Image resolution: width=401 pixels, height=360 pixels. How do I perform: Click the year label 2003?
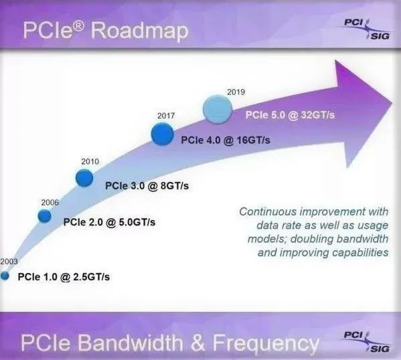[9, 262]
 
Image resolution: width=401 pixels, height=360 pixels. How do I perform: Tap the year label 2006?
[50, 203]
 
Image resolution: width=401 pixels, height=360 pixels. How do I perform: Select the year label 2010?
[90, 161]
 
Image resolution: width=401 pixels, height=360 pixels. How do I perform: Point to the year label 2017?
[166, 116]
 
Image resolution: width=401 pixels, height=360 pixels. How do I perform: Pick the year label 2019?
[236, 92]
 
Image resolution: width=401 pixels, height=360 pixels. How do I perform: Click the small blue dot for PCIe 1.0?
[5, 276]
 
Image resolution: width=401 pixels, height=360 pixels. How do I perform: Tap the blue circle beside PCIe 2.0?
[44, 216]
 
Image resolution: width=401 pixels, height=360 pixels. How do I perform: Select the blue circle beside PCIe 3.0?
[84, 178]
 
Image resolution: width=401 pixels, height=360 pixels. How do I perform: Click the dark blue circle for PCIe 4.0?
[163, 134]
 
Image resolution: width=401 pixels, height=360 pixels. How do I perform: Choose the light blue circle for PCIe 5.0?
[218, 110]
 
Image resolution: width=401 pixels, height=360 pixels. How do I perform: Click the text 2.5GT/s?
[92, 277]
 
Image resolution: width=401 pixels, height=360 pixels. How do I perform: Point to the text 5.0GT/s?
[137, 222]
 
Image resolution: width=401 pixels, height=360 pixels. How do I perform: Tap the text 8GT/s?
[175, 186]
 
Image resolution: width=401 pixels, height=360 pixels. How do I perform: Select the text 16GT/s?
[254, 141]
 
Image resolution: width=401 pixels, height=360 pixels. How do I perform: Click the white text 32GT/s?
[318, 115]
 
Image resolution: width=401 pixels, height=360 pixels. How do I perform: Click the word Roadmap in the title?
[140, 31]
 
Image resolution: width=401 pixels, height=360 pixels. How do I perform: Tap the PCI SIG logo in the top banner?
[367, 29]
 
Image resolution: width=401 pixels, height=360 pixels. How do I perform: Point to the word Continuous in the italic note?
[268, 212]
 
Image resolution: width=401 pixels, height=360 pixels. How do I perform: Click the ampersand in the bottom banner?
[197, 343]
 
